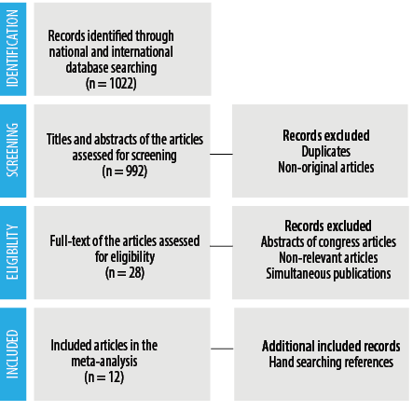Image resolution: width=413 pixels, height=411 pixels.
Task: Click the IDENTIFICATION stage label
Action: click(x=12, y=48)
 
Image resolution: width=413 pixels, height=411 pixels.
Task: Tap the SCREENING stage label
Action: click(x=12, y=150)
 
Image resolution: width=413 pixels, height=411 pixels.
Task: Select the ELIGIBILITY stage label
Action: click(x=12, y=252)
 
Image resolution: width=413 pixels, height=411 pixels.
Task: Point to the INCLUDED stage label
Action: click(x=12, y=354)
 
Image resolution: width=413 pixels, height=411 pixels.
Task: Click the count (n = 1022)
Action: click(x=111, y=84)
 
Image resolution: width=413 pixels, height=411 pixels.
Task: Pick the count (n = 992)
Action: click(x=125, y=171)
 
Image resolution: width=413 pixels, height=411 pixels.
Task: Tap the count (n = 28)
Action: click(x=125, y=273)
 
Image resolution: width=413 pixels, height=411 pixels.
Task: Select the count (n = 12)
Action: click(x=104, y=377)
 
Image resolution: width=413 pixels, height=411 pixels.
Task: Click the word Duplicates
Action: click(x=326, y=152)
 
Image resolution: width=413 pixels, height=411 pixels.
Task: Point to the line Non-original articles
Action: click(x=326, y=168)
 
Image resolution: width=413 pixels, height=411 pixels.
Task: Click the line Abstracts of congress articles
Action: click(x=328, y=242)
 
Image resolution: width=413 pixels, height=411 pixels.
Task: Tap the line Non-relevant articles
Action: click(x=328, y=258)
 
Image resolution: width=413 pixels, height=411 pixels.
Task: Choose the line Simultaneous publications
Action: click(x=328, y=274)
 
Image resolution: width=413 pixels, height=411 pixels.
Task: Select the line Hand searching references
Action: click(x=331, y=363)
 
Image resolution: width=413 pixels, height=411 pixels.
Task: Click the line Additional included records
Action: click(x=331, y=347)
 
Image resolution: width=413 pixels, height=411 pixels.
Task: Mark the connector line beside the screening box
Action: click(x=221, y=154)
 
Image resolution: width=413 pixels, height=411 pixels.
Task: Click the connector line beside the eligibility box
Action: click(x=221, y=246)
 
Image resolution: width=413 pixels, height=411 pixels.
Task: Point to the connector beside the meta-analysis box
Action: click(x=222, y=349)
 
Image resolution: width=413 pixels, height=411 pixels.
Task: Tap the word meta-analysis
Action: click(x=104, y=362)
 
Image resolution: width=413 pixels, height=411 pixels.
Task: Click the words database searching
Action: click(x=111, y=68)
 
